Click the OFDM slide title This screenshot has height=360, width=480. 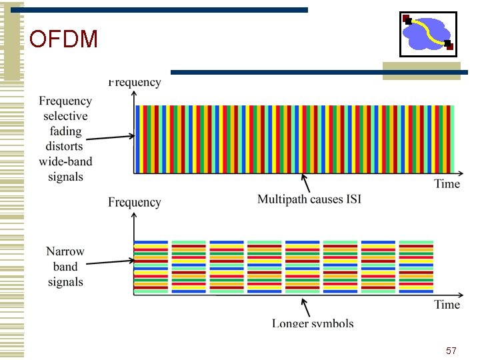(64, 40)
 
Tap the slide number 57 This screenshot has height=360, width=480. (451, 351)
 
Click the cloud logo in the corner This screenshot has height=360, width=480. (428, 33)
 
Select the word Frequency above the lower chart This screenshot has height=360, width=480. (135, 203)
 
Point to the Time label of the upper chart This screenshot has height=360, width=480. (447, 184)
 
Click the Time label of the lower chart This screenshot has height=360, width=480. (447, 305)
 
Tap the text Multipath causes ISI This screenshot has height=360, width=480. (309, 199)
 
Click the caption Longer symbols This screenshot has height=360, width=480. (313, 323)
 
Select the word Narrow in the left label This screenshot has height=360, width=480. (65, 251)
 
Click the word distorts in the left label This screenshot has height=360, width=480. (65, 146)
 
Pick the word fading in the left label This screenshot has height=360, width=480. (65, 131)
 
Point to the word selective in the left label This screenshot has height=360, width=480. (65, 116)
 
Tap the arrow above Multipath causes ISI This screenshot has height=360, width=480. (305, 181)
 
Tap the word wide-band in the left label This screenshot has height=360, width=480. (65, 161)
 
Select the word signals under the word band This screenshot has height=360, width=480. (65, 282)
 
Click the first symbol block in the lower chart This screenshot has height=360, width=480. (151, 267)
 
